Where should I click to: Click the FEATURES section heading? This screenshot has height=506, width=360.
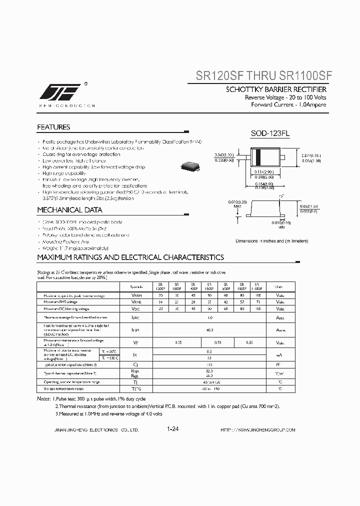point(53,127)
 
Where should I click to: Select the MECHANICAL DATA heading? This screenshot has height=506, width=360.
point(69,210)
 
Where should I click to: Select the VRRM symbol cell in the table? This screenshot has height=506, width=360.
point(135,296)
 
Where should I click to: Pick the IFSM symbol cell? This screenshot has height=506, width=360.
point(135,330)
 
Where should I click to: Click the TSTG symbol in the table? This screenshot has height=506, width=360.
point(135,388)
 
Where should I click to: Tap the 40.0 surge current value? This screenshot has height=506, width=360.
point(209,330)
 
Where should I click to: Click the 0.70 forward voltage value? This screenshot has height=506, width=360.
point(218,342)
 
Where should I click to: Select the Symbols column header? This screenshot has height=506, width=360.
point(135,287)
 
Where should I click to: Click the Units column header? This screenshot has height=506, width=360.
point(278,287)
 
